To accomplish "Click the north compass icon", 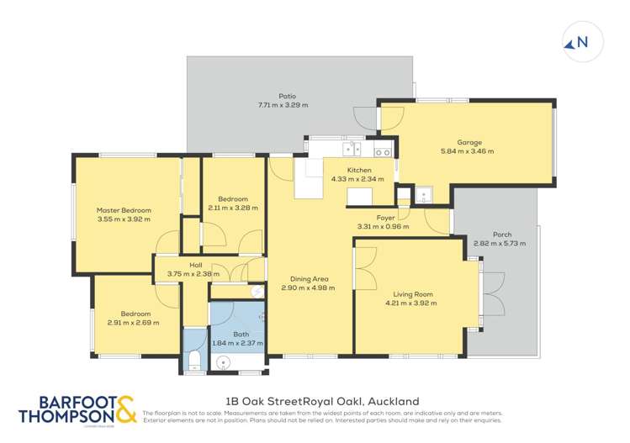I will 576,44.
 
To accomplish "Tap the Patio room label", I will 288,97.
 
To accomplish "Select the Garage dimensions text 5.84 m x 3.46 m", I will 467,151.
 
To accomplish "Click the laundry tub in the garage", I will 424,195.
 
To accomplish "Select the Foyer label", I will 385,218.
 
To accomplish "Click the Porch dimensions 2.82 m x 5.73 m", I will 499,243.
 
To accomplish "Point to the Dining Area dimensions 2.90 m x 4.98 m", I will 308,287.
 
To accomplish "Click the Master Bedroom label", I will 123,210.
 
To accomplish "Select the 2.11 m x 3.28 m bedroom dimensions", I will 232,208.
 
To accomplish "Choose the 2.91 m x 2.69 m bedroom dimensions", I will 133,322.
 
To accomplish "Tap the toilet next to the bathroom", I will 194,360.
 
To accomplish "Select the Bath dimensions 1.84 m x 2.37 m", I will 237,343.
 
